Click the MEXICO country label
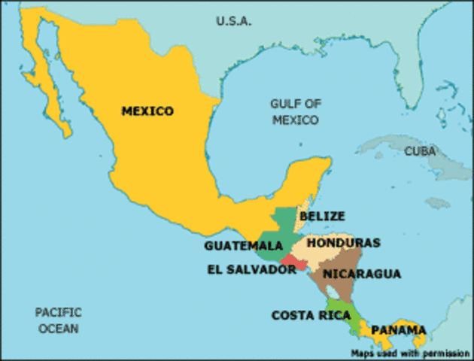(147, 111)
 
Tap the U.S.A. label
(233, 20)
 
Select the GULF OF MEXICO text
(296, 112)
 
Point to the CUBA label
(420, 151)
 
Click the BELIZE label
(322, 216)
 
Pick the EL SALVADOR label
(251, 269)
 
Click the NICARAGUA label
(361, 274)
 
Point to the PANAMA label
(398, 329)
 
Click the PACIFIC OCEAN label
(58, 320)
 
